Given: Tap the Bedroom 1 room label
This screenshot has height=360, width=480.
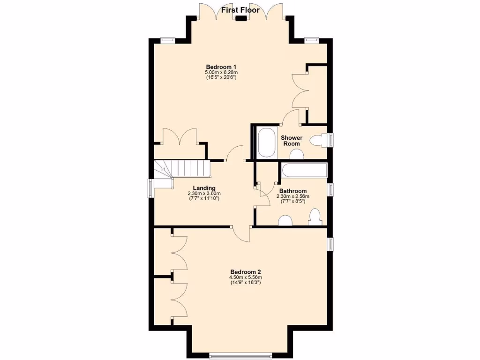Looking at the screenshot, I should (x=221, y=66).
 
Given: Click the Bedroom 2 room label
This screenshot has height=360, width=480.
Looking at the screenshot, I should (x=245, y=272).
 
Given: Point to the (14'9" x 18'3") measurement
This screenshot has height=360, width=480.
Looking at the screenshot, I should (x=245, y=283).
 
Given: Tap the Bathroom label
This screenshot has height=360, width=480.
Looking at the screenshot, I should (x=293, y=191).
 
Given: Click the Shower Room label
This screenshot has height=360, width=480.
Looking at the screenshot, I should (x=292, y=141).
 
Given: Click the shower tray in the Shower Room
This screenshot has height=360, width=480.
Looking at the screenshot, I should (x=268, y=142).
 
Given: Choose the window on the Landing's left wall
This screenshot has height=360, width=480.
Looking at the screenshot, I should (x=151, y=187).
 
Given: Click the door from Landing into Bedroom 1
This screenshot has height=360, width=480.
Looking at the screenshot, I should (x=235, y=154).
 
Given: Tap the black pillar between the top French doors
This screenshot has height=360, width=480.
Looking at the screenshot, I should (x=241, y=19).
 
